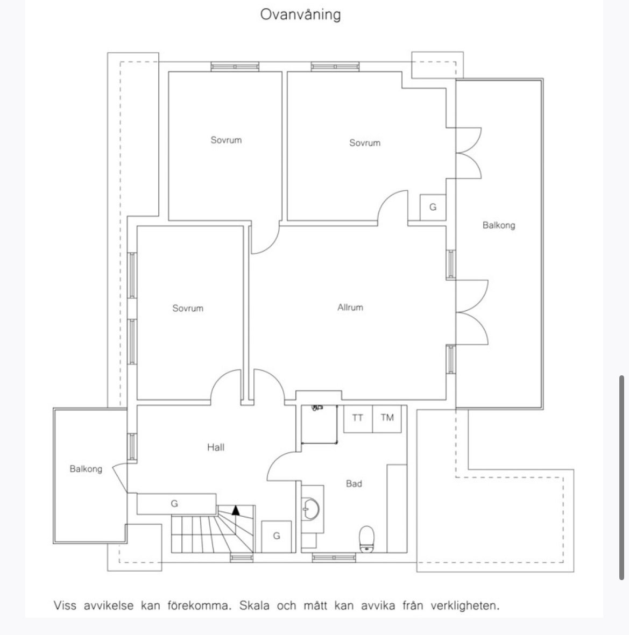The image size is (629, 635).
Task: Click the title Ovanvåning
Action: tap(300, 15)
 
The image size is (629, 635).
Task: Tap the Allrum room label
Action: tap(350, 308)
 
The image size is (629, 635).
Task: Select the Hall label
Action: tap(216, 447)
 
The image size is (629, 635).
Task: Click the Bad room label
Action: tap(354, 483)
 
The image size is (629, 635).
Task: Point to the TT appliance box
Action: tap(358, 419)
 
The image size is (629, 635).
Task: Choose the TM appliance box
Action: tap(387, 419)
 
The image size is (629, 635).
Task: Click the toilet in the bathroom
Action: tap(367, 539)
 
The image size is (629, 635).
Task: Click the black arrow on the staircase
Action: tap(236, 510)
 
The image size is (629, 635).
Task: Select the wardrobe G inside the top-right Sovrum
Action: tap(433, 208)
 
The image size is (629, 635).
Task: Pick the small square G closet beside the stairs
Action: tap(277, 536)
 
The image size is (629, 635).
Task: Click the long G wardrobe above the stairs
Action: tap(176, 504)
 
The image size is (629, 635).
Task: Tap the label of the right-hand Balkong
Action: tap(499, 225)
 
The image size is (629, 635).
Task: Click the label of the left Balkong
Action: tap(86, 469)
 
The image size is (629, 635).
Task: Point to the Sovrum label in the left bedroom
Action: tap(188, 308)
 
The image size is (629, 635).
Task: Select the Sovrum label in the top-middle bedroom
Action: tap(226, 140)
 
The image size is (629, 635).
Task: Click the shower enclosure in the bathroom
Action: tap(320, 424)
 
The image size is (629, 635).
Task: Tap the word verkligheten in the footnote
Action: tap(465, 606)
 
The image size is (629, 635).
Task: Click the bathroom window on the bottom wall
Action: tap(334, 558)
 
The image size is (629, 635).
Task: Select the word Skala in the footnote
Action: tap(255, 606)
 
